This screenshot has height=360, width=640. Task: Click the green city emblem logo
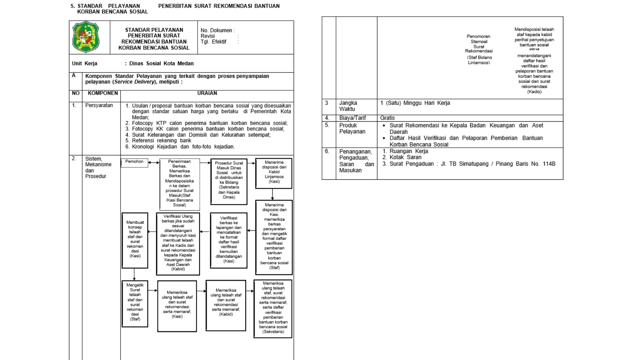pos(86,37)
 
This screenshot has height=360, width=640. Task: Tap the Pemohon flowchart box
pos(134,162)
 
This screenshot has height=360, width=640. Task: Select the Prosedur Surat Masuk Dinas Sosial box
pos(229,181)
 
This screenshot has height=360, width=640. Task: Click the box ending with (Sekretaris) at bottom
pos(273,308)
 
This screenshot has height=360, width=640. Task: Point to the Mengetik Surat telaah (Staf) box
pos(135,303)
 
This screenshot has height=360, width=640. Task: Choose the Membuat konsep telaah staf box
pos(135,240)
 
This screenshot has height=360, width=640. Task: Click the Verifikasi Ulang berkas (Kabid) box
pos(178,244)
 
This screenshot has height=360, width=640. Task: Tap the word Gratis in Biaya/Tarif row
pos(387,118)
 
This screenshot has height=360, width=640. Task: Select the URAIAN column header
pos(207,93)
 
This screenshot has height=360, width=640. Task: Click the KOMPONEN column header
pos(103,93)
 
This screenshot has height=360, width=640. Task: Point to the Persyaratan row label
pos(99,105)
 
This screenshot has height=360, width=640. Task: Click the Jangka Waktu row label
pos(348,106)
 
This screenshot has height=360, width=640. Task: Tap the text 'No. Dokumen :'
pos(217,31)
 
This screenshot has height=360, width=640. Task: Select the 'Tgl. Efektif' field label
pos(213,42)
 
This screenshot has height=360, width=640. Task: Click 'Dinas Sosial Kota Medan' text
pos(161,64)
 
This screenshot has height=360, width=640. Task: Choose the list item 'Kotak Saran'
pos(405,157)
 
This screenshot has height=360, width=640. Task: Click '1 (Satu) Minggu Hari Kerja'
pos(415,103)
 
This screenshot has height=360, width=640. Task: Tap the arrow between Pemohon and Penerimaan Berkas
pos(154,163)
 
